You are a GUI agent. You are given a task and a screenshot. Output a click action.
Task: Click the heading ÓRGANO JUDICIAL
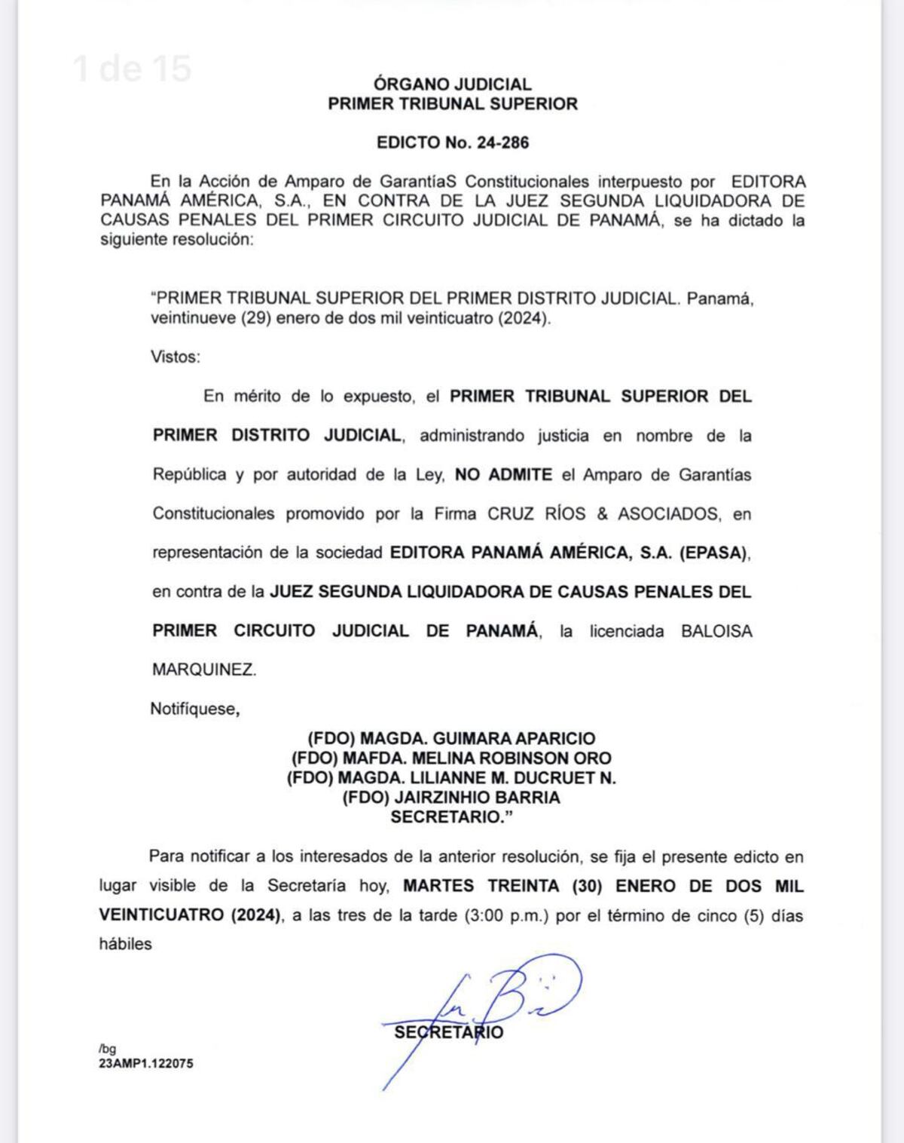452,84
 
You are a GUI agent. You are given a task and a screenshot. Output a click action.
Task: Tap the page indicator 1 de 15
133,69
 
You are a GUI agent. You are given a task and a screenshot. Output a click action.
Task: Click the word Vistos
175,357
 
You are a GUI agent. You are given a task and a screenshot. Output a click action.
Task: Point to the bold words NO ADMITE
503,475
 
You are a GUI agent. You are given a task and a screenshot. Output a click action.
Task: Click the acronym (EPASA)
714,553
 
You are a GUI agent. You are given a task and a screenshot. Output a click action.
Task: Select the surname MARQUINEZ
204,670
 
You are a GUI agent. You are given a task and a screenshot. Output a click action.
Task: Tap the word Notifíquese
194,709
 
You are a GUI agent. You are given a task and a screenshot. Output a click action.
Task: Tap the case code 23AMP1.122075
145,1064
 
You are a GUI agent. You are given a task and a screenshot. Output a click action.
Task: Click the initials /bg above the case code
107,1049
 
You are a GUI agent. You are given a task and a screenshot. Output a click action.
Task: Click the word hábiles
125,944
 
